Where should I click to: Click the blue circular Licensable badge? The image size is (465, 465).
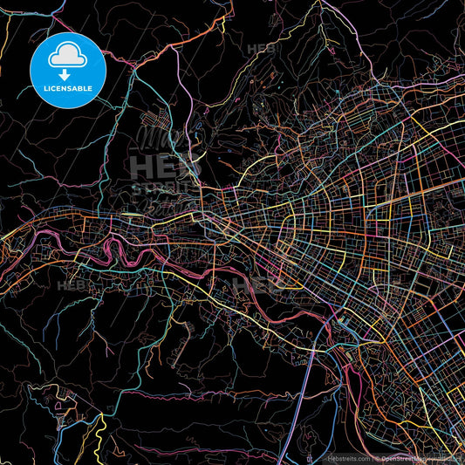(x=68, y=70)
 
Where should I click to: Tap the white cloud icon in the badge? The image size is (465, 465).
(x=68, y=57)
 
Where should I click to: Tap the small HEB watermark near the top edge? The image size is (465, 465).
(x=262, y=49)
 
